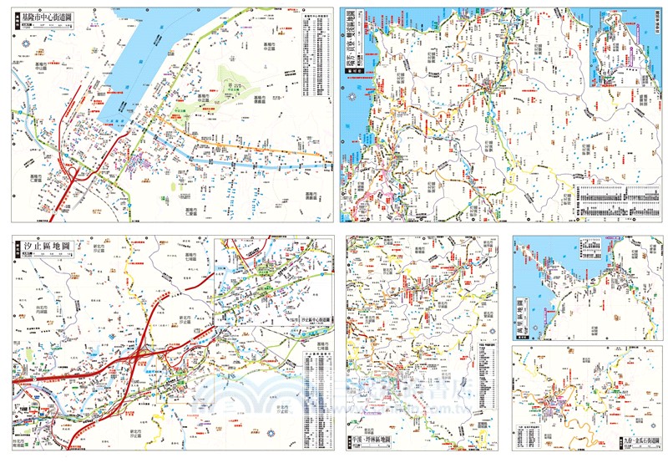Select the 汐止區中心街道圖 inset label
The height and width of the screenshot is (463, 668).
[x=311, y=320]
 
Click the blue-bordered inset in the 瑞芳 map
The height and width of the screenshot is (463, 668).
[x=617, y=48]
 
